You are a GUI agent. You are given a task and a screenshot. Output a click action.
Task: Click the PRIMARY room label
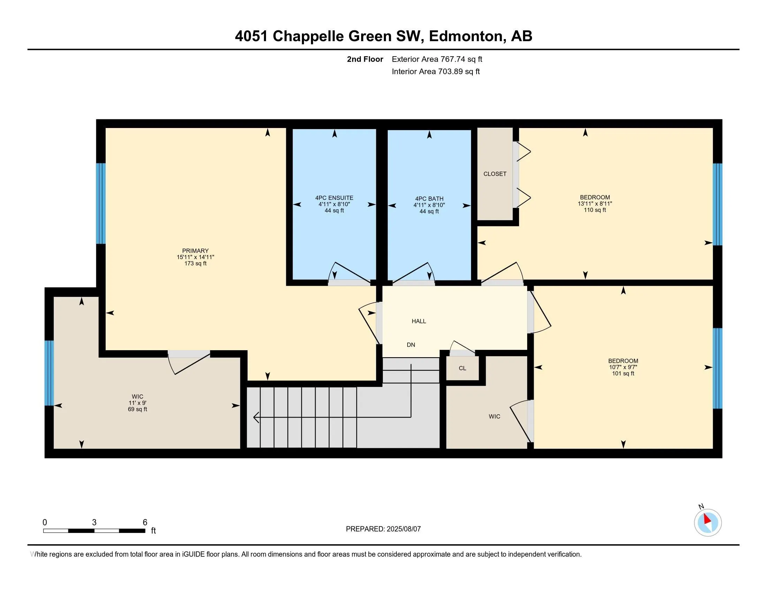195,251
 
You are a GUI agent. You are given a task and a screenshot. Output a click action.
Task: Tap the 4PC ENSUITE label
334,198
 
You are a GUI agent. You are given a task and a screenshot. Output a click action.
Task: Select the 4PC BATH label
429,199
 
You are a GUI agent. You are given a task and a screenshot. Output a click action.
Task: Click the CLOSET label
495,174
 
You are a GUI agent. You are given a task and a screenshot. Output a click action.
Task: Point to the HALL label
419,321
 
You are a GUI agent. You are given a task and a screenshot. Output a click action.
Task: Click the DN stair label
411,345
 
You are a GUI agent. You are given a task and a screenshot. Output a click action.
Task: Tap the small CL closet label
463,368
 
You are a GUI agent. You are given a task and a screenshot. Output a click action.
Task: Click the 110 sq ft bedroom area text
595,210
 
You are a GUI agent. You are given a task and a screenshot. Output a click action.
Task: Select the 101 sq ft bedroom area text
623,374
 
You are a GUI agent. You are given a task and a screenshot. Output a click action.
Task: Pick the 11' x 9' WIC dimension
137,403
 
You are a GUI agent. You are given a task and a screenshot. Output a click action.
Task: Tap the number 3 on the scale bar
94,523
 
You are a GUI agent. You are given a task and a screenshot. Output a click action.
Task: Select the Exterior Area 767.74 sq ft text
437,59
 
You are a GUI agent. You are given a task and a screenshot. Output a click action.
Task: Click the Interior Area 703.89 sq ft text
436,72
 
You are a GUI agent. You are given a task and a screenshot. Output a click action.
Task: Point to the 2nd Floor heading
365,59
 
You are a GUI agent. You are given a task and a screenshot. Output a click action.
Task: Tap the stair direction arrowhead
256,417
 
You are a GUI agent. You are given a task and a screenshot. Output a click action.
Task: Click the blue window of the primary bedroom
101,203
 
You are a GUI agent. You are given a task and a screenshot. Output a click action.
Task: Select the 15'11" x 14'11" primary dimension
195,257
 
